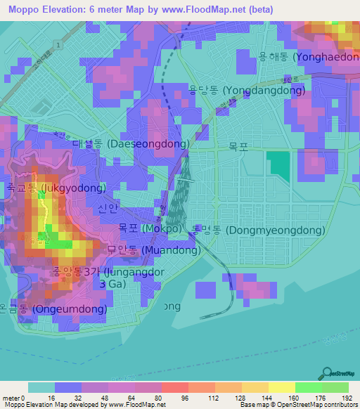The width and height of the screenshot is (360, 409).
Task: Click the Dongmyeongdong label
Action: click(258, 230)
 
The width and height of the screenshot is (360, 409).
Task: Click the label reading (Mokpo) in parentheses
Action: click(161, 229)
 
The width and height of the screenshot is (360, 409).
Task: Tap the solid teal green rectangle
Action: click(278, 164)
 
